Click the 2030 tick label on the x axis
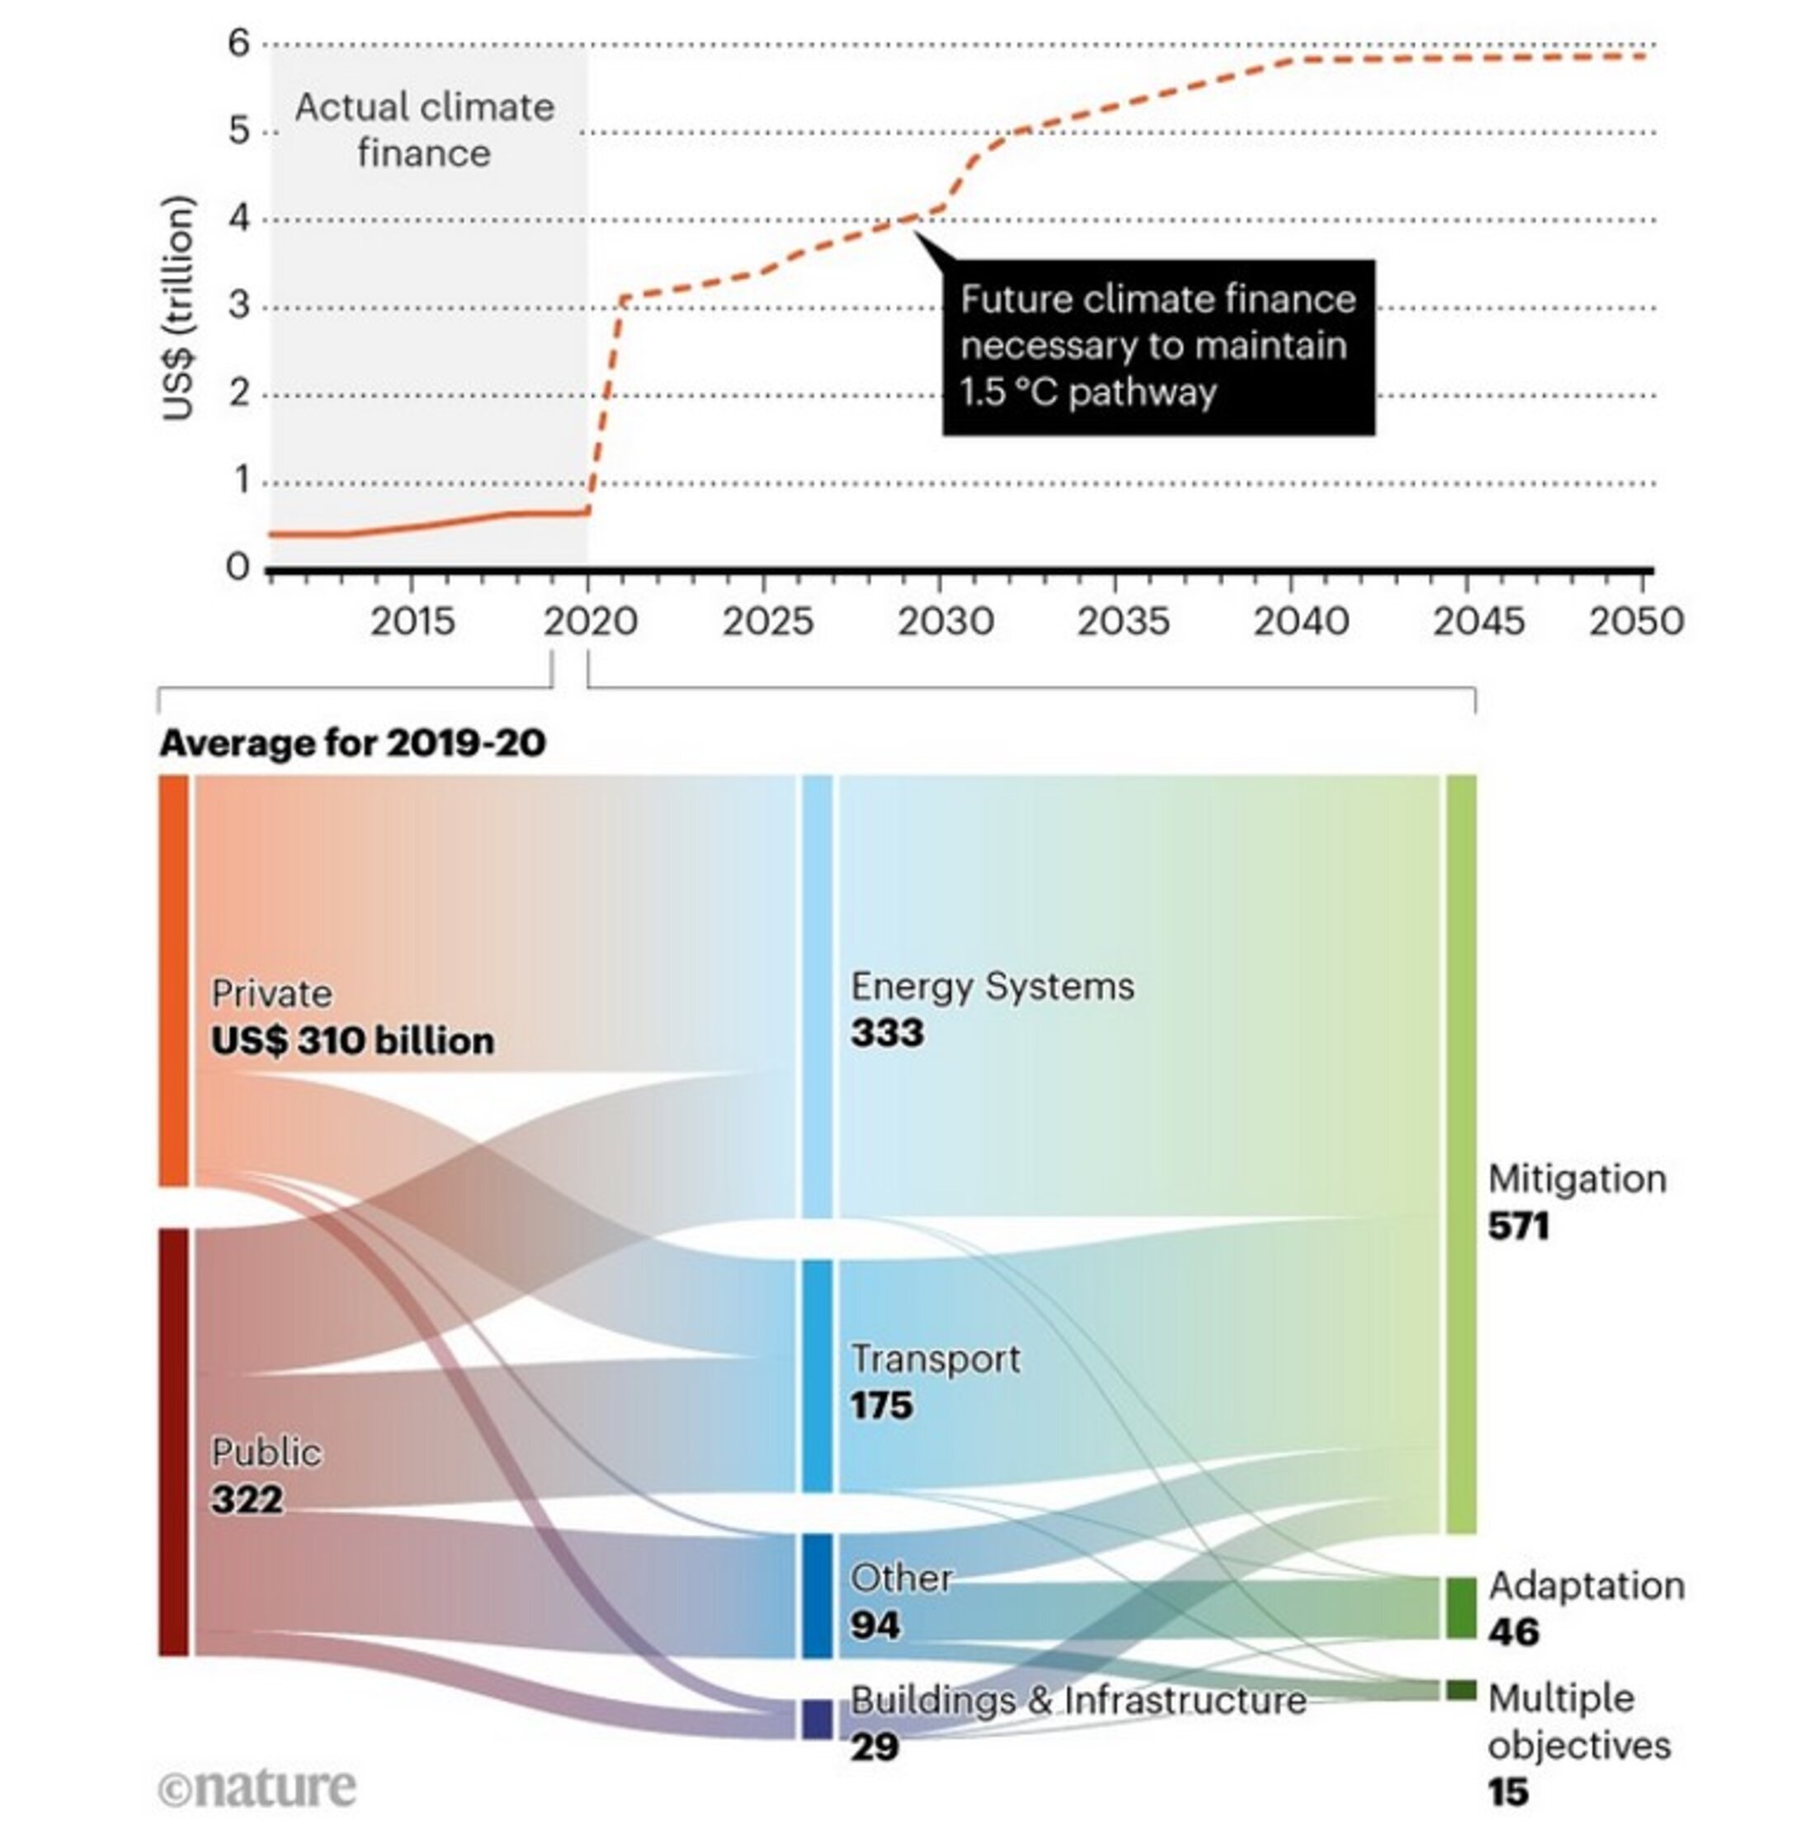coord(945,622)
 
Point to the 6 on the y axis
coord(238,43)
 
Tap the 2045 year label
coord(1478,622)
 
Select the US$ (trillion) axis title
coord(178,308)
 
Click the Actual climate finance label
coord(424,130)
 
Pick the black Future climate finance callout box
coord(1158,347)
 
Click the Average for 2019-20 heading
coord(353,743)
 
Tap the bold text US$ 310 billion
coord(353,1041)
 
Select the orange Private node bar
coord(173,981)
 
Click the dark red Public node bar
coord(173,1441)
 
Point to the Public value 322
coord(247,1499)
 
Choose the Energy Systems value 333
coord(887,1032)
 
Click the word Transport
coord(934,1358)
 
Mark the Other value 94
coord(875,1624)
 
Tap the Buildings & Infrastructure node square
coord(817,1719)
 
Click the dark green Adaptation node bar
coord(1461,1609)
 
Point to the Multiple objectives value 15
coord(1508,1793)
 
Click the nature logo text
coord(257,1787)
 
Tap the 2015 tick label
coord(412,622)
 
